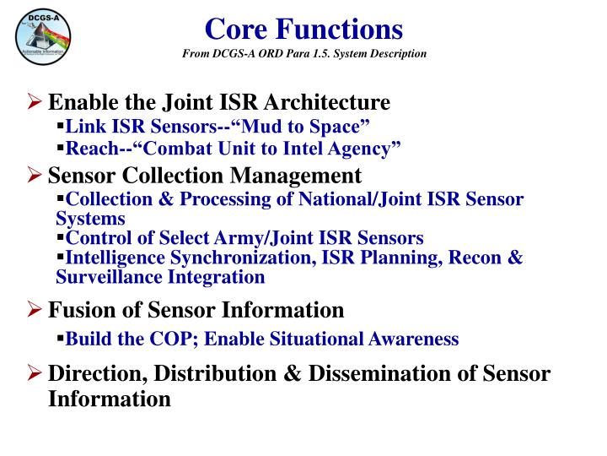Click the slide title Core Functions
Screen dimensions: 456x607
click(304, 30)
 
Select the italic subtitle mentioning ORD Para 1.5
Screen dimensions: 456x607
click(304, 54)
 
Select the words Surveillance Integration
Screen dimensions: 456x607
click(160, 276)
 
